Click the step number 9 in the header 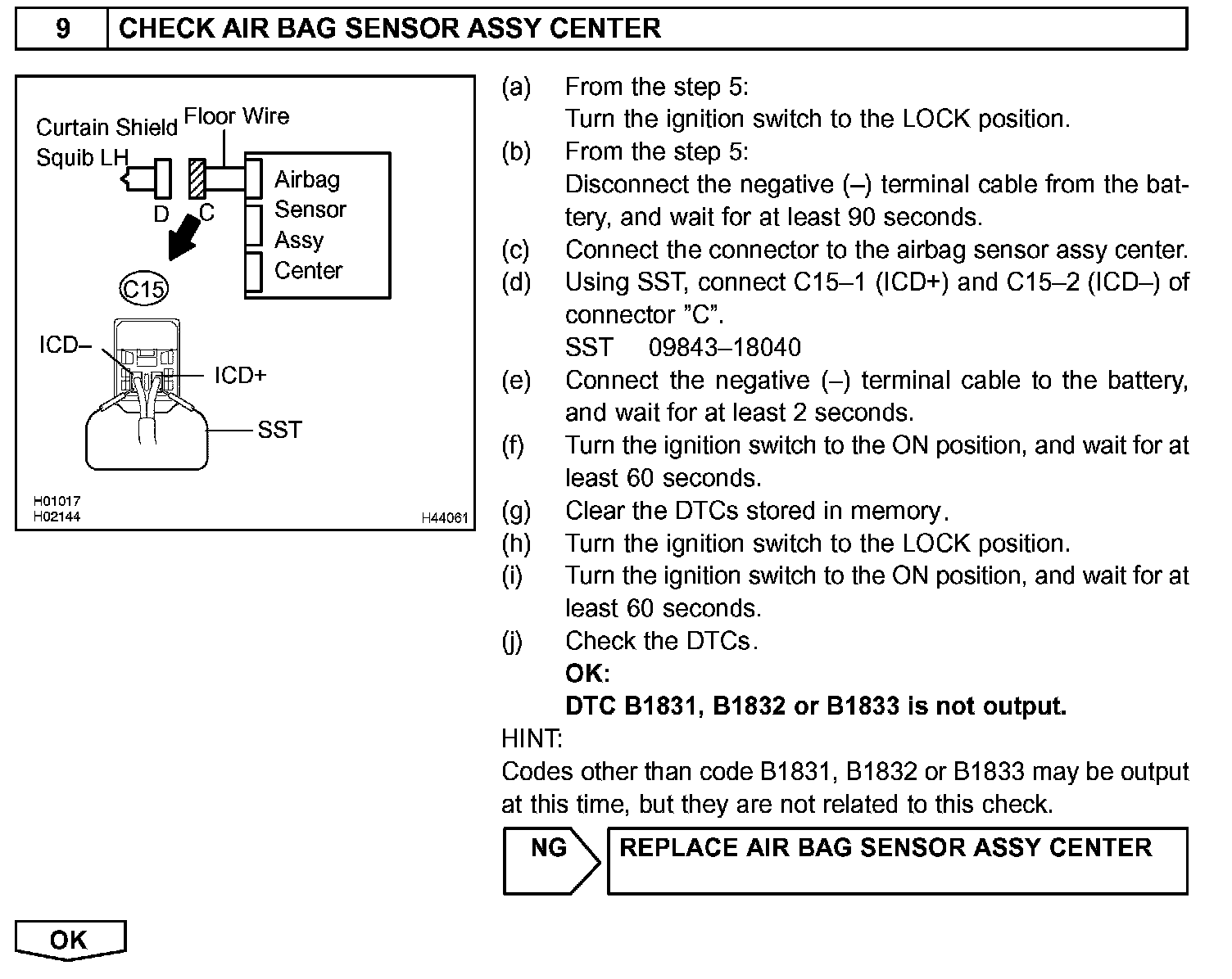(x=62, y=29)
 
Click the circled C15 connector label (x=144, y=288)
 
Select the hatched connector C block (x=197, y=178)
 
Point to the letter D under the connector (x=161, y=214)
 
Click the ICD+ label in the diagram (x=240, y=376)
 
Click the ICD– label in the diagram (x=66, y=345)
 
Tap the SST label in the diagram (x=279, y=430)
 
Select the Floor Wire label (x=237, y=116)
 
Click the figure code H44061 (x=445, y=517)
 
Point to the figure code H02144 (x=57, y=517)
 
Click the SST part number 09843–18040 (x=724, y=348)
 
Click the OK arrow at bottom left (x=70, y=940)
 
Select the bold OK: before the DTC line (x=587, y=674)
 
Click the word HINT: (x=532, y=739)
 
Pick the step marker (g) (x=515, y=512)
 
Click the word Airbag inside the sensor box (x=306, y=179)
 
